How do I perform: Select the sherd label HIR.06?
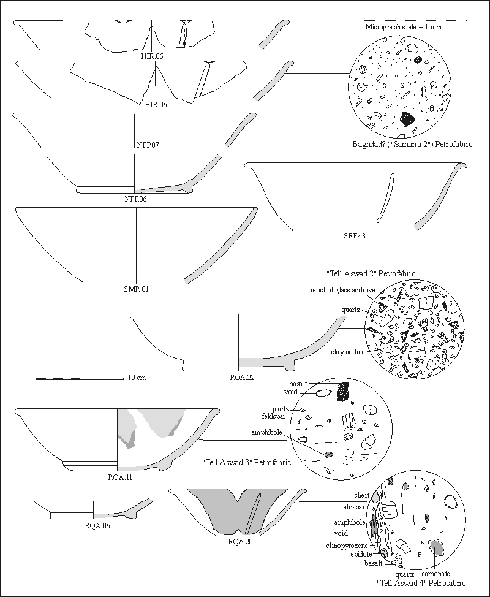(156, 105)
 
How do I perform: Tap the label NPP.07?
(148, 145)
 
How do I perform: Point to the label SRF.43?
(354, 235)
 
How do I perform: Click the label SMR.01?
(137, 289)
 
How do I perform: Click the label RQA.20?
(239, 541)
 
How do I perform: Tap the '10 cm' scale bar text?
(137, 378)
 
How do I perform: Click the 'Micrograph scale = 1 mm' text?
(403, 28)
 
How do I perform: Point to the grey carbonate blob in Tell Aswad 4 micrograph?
(436, 546)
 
